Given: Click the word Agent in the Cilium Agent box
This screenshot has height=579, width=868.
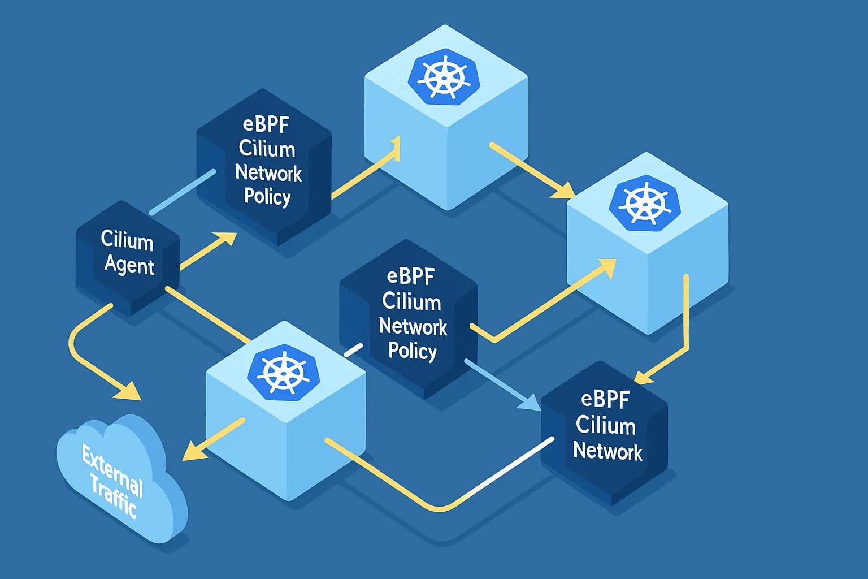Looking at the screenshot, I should (129, 265).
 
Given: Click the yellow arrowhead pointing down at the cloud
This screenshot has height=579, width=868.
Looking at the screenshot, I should (129, 391).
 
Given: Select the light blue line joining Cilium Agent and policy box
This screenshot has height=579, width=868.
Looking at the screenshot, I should (183, 192).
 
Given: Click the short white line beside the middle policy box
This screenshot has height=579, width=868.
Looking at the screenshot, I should (353, 350).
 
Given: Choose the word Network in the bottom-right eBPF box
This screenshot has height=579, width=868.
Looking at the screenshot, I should (607, 451).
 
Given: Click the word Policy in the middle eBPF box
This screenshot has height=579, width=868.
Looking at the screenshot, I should (412, 351).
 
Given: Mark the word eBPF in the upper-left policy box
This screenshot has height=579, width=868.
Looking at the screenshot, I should (266, 124).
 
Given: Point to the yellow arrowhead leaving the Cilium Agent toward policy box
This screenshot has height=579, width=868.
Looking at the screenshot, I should (225, 240).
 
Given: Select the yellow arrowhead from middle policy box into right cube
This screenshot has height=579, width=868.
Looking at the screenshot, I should (606, 268).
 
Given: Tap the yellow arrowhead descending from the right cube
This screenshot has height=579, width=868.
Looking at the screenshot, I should (644, 376).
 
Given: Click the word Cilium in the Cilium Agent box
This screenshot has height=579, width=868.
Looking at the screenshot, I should (127, 241).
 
